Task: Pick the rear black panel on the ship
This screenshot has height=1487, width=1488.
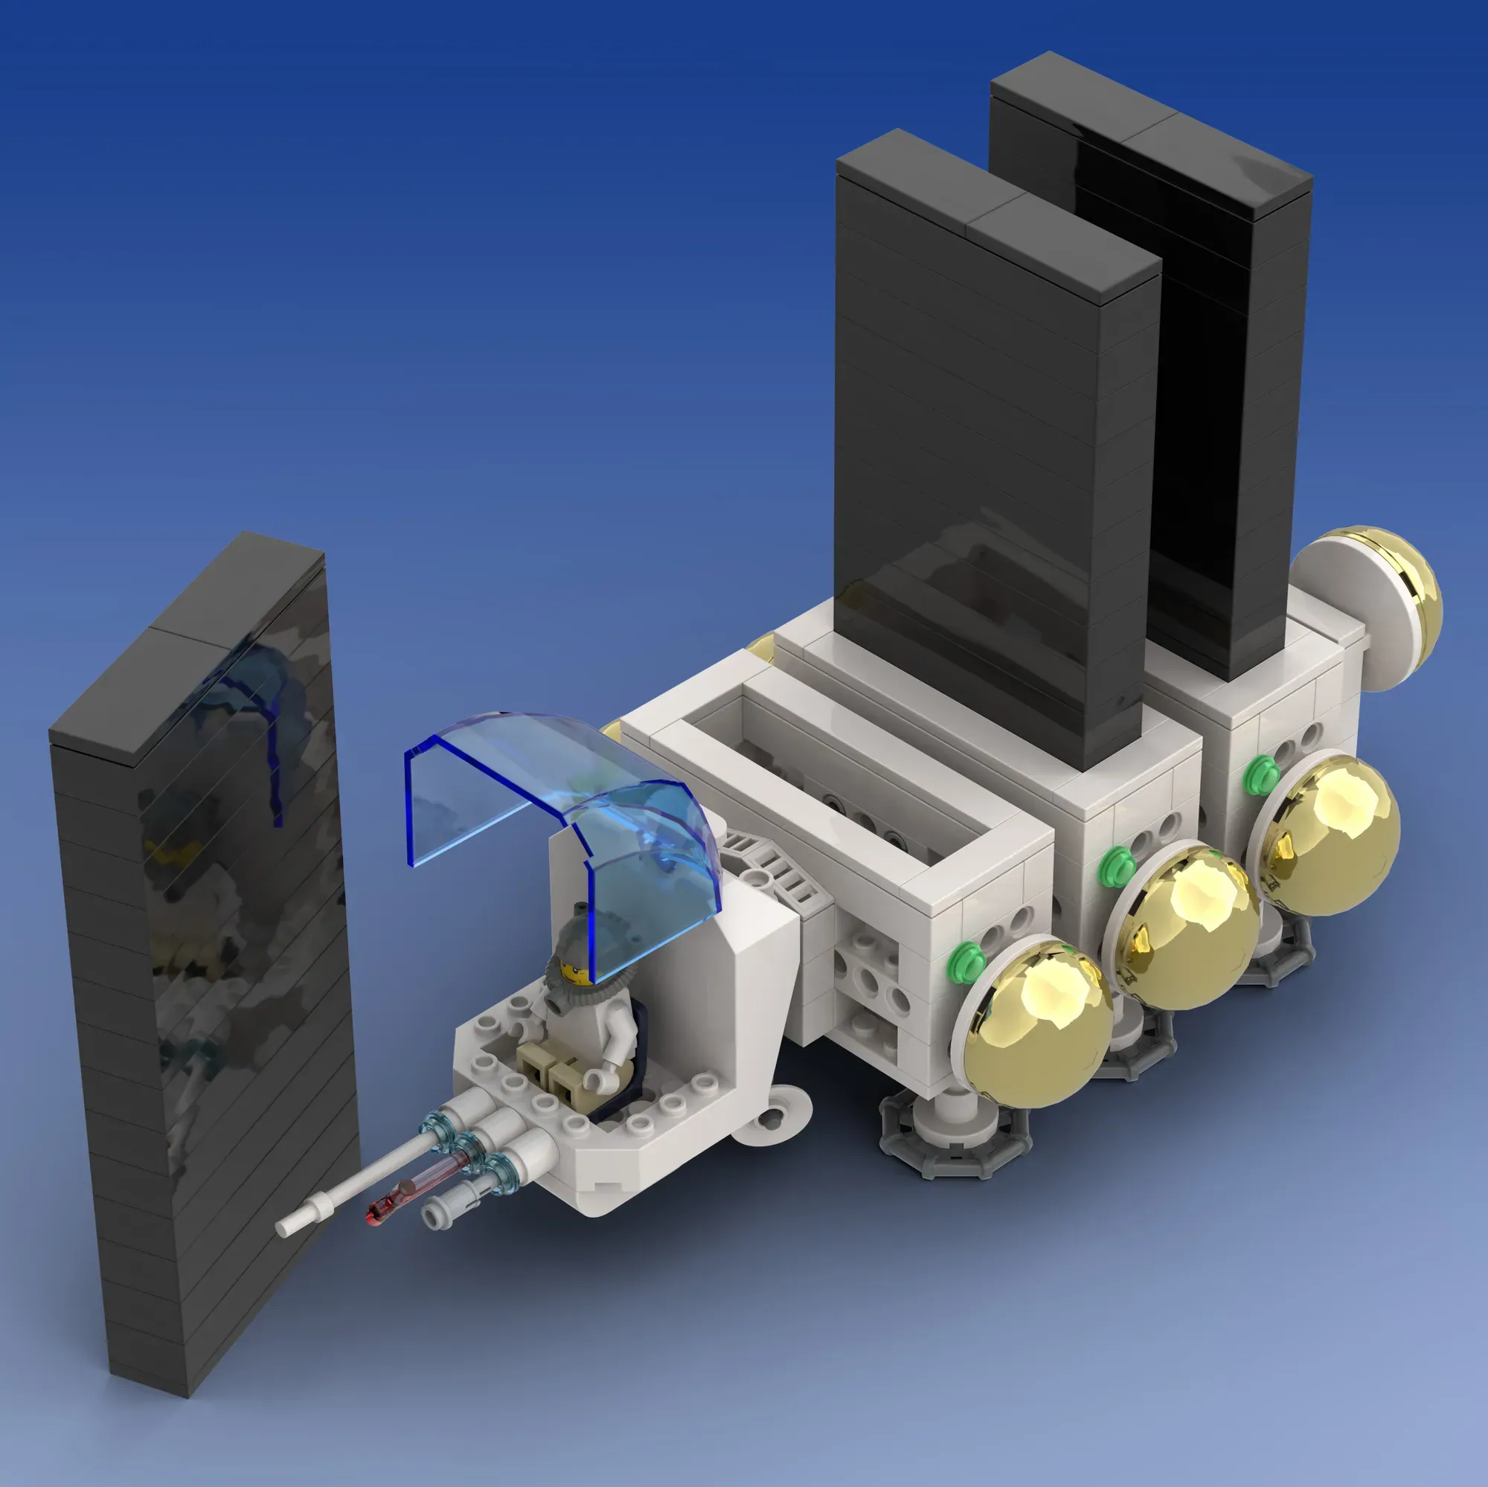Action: tap(1225, 385)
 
